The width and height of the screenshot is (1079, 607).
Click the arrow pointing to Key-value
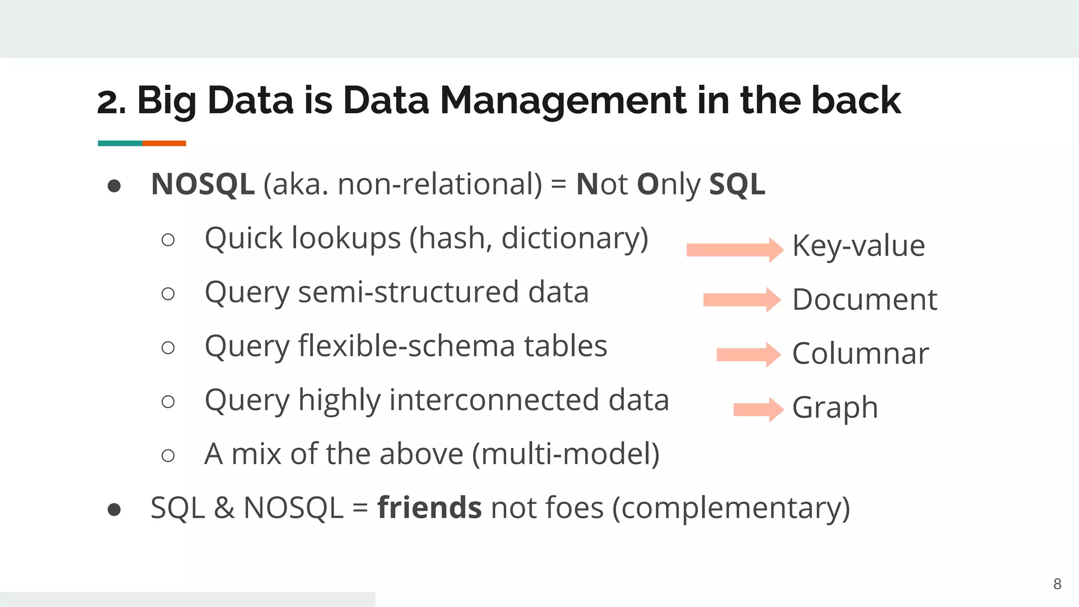[x=734, y=250]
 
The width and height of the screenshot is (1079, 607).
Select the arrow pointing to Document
[x=741, y=300]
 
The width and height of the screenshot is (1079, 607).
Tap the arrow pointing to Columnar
[x=748, y=355]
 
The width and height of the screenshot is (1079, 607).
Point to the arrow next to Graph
[x=758, y=409]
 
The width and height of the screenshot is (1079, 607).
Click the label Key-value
[x=858, y=246]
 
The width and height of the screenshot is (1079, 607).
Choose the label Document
[x=865, y=300]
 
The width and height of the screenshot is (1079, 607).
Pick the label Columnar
[x=860, y=354]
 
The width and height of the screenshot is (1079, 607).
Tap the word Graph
[x=835, y=408]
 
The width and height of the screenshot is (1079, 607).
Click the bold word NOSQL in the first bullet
[x=203, y=184]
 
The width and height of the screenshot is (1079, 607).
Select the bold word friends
[x=429, y=507]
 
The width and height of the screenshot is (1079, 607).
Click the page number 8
[x=1057, y=584]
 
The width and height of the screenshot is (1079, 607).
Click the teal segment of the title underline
[x=120, y=143]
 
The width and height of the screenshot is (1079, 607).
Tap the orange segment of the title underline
[x=164, y=143]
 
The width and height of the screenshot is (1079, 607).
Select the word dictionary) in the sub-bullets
[x=575, y=239]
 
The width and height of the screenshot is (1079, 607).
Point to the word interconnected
[x=494, y=400]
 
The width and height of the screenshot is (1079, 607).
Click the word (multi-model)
[x=566, y=454]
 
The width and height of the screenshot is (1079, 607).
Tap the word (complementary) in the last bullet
[x=731, y=508]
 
